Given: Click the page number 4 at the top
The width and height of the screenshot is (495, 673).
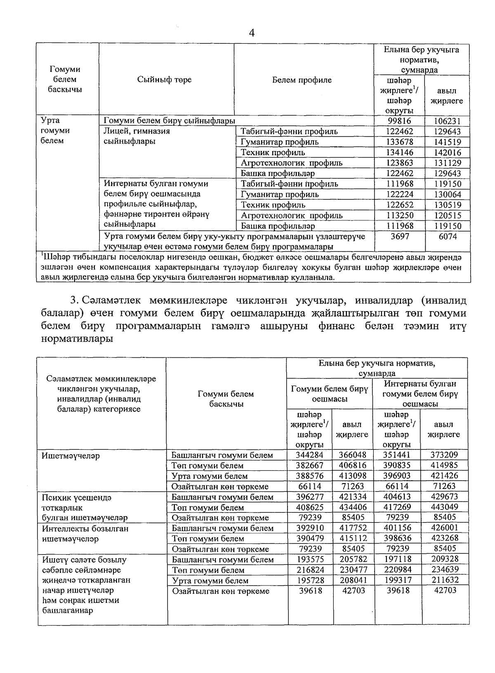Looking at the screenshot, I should [x=252, y=33].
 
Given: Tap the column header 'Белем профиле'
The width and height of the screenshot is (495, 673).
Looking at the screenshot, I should [x=302, y=80].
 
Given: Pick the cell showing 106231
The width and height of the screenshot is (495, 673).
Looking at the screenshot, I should [x=448, y=121].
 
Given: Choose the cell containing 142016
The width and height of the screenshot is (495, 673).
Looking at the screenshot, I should [x=448, y=153].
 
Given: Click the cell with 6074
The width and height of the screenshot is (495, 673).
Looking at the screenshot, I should [x=448, y=236].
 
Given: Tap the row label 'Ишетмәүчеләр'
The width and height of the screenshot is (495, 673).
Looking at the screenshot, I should [x=71, y=456].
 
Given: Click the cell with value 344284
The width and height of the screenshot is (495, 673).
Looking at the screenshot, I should [x=310, y=455].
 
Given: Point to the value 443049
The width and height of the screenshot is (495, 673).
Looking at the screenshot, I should [x=444, y=507].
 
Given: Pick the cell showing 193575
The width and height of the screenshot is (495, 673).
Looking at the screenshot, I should [x=310, y=560].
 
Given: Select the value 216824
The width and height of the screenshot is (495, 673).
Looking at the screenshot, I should [x=310, y=570].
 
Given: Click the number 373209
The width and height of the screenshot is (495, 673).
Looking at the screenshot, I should [x=444, y=455].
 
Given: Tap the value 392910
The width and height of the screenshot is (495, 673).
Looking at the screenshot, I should [x=310, y=528].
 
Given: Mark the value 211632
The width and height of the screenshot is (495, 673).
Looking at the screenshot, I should [x=444, y=580].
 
